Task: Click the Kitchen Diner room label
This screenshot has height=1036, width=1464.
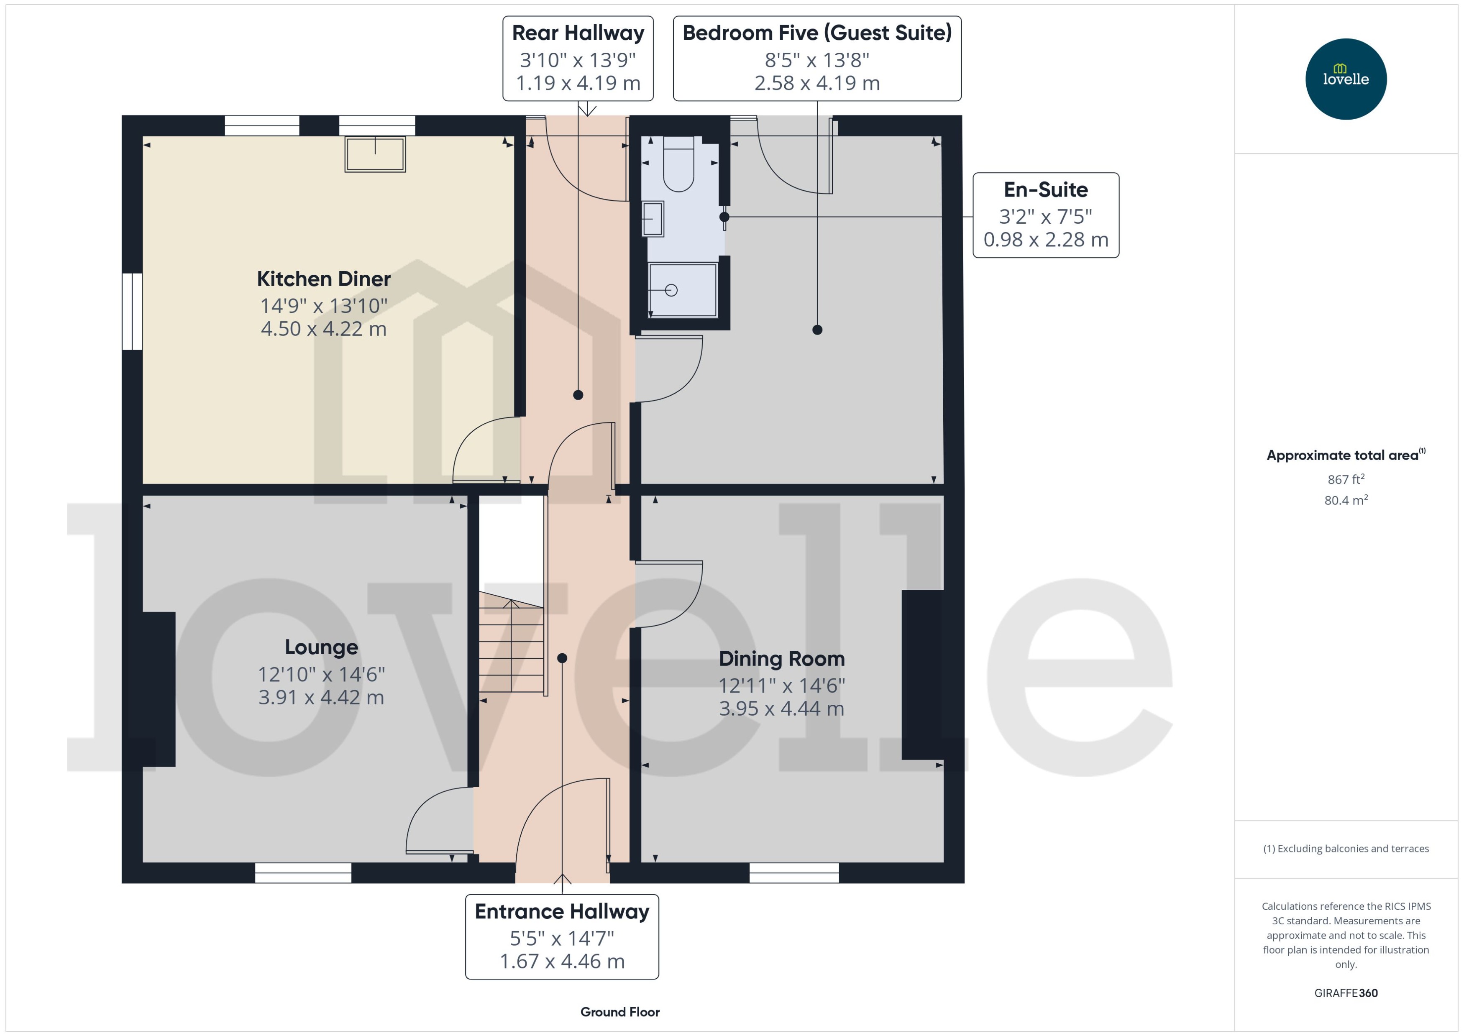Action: pyautogui.click(x=323, y=279)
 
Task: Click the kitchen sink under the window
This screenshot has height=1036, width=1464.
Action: pyautogui.click(x=375, y=154)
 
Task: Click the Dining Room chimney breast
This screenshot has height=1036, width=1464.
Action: pyautogui.click(x=922, y=674)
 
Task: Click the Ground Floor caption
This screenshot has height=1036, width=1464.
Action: pyautogui.click(x=619, y=1012)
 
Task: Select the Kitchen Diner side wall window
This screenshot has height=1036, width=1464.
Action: pyautogui.click(x=132, y=311)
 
